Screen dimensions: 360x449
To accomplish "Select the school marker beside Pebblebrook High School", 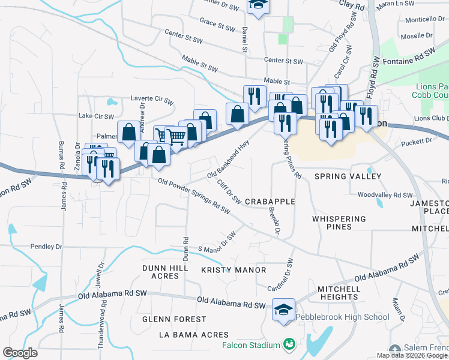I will click(x=283, y=310).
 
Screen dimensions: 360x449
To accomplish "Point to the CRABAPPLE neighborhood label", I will click(x=270, y=202).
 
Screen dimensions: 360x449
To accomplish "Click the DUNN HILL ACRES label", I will click(x=161, y=272).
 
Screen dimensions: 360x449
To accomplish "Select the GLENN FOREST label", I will click(x=174, y=319).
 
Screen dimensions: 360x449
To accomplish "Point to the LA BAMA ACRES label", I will click(x=194, y=334).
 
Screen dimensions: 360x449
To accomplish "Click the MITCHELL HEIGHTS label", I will click(x=339, y=293).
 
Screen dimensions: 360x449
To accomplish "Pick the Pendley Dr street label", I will click(x=46, y=247).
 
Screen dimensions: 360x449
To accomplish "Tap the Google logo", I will click(x=20, y=352).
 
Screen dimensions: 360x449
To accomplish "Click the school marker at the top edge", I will click(x=259, y=5).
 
